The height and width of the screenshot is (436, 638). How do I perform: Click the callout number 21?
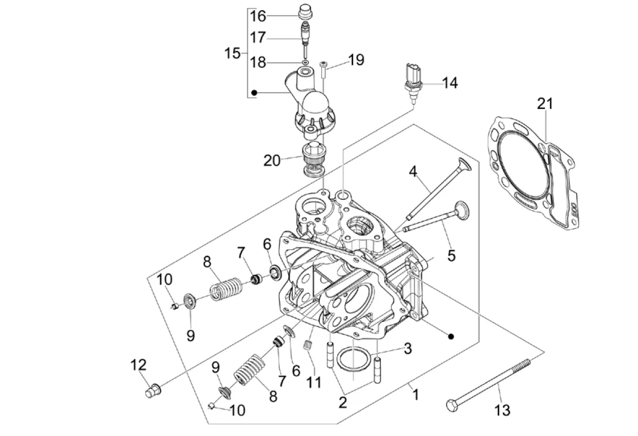tap(545, 103)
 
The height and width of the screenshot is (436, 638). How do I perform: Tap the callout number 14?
tap(450, 83)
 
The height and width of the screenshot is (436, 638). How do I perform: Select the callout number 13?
tap(502, 409)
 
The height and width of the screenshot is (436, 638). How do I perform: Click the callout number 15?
tap(232, 54)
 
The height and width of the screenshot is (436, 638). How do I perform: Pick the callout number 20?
tap(272, 161)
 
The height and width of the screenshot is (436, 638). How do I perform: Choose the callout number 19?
tap(356, 60)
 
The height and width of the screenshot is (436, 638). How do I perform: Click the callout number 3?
tap(408, 348)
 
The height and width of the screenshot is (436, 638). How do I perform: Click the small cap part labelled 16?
tap(307, 12)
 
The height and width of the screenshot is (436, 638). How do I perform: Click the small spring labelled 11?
tap(309, 345)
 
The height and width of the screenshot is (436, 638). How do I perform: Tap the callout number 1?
tap(415, 394)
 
